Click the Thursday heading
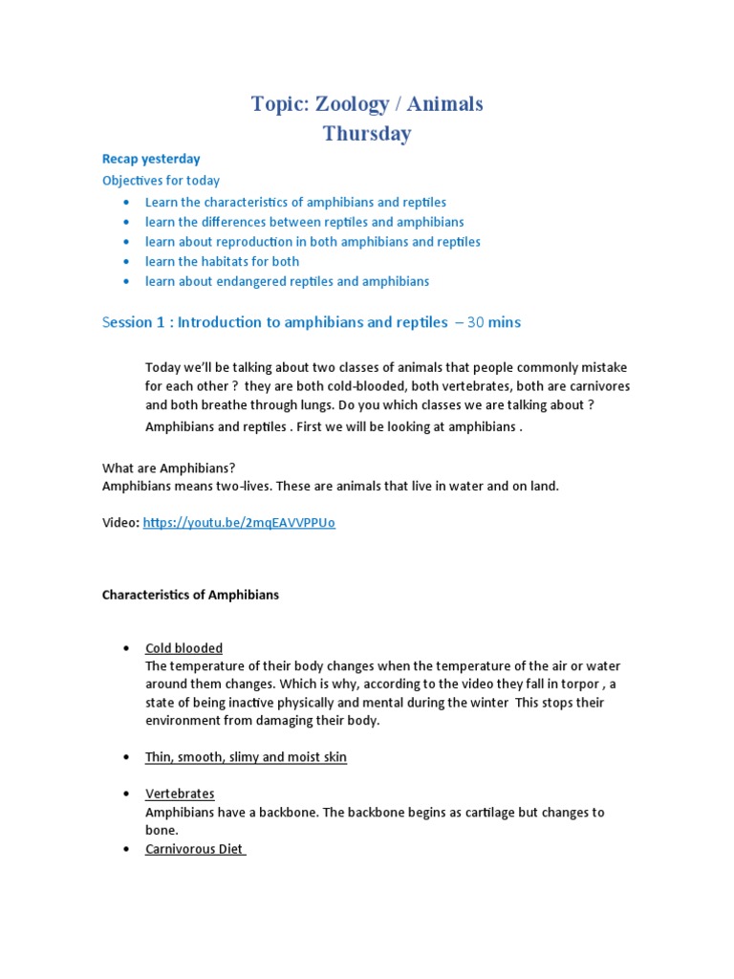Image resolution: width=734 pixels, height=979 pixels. [x=367, y=134]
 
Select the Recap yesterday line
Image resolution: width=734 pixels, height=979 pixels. [x=151, y=159]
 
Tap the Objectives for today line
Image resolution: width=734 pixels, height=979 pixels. [x=161, y=181]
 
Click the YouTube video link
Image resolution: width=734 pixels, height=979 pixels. [x=239, y=523]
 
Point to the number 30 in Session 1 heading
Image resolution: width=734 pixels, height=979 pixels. [x=475, y=322]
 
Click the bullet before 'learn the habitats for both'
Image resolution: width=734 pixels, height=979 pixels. [x=126, y=262]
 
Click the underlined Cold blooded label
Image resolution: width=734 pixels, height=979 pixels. [x=183, y=648]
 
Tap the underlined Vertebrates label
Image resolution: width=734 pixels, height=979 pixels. [x=180, y=794]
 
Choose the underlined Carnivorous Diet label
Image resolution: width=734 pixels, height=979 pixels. [x=195, y=849]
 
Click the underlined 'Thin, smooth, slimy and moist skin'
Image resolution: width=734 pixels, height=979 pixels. [x=246, y=757]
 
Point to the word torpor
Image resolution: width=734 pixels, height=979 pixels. [x=577, y=684]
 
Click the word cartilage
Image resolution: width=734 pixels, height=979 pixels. [x=471, y=813]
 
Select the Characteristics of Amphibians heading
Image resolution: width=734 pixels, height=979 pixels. [x=190, y=595]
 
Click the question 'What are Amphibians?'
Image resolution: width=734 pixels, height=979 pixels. [x=168, y=468]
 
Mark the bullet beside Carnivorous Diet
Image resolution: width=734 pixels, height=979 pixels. [x=126, y=850]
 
